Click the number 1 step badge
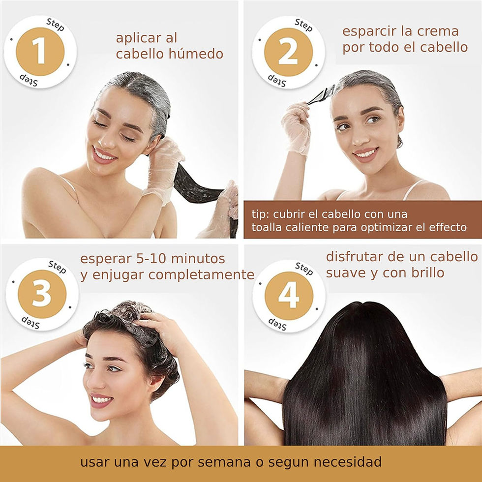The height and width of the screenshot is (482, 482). click(40, 52)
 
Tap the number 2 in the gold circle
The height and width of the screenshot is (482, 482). click(288, 52)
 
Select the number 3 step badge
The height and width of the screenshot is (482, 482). click(42, 294)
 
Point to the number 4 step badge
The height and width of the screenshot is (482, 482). click(289, 296)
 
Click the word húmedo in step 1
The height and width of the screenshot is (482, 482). click(196, 54)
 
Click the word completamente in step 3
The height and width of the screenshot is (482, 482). click(201, 274)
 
